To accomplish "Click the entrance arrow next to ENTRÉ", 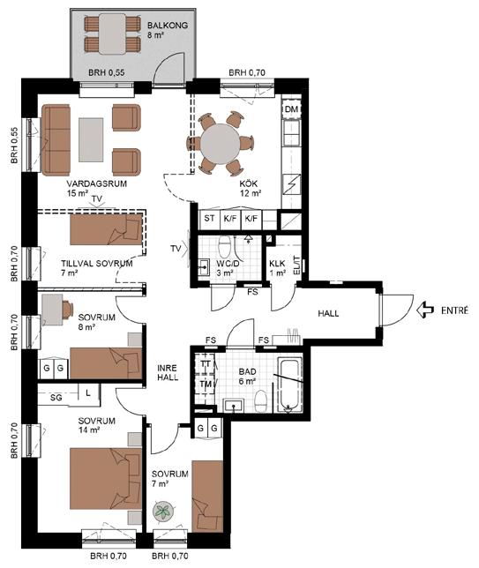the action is click(x=425, y=310).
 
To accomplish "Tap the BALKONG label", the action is click(x=168, y=26).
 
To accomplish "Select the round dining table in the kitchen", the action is click(x=221, y=143).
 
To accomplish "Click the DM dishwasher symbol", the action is click(x=292, y=109).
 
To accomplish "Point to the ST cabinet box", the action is click(x=209, y=219).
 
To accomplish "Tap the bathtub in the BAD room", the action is click(x=290, y=385).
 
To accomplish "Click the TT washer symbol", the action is click(x=206, y=363).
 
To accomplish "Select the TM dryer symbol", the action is click(x=206, y=385).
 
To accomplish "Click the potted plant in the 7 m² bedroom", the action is click(x=163, y=512).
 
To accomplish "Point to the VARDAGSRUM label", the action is click(x=97, y=183).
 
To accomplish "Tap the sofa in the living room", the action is click(x=56, y=140).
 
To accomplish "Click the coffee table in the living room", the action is click(x=91, y=140).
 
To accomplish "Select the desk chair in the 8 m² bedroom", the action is click(x=67, y=310).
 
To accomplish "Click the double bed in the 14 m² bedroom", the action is click(x=106, y=479).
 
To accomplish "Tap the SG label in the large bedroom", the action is click(x=56, y=398).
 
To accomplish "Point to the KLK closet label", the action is click(x=277, y=264).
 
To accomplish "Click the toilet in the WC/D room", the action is click(x=225, y=246).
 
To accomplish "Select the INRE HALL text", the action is click(x=168, y=373).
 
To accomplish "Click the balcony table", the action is click(x=112, y=34).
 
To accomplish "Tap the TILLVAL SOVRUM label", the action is click(x=97, y=264).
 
